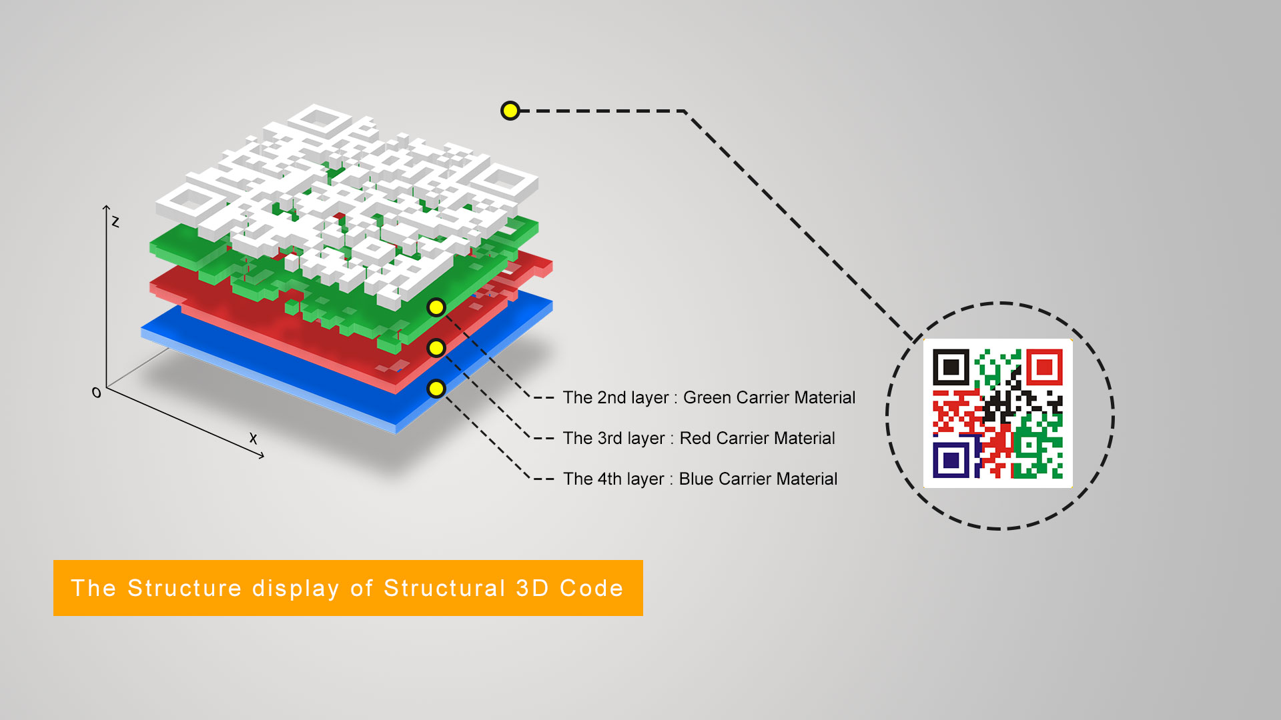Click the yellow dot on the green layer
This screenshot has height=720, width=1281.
436,307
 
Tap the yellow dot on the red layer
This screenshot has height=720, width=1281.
436,348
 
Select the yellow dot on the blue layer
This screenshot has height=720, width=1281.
436,389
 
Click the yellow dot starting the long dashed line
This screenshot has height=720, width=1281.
510,111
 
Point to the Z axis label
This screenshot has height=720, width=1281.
115,221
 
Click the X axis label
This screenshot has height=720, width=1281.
253,438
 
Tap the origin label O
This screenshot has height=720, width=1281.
97,393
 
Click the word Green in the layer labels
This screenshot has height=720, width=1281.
709,398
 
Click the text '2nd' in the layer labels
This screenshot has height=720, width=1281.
611,398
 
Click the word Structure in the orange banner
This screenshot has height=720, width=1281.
184,588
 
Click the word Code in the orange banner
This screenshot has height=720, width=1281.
591,588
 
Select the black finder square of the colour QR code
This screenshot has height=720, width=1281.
951,367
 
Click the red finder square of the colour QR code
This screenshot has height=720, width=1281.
1044,367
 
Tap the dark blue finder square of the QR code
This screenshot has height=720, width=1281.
951,460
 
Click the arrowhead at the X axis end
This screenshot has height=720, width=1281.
262,456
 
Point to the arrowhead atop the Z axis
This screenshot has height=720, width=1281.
106,208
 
